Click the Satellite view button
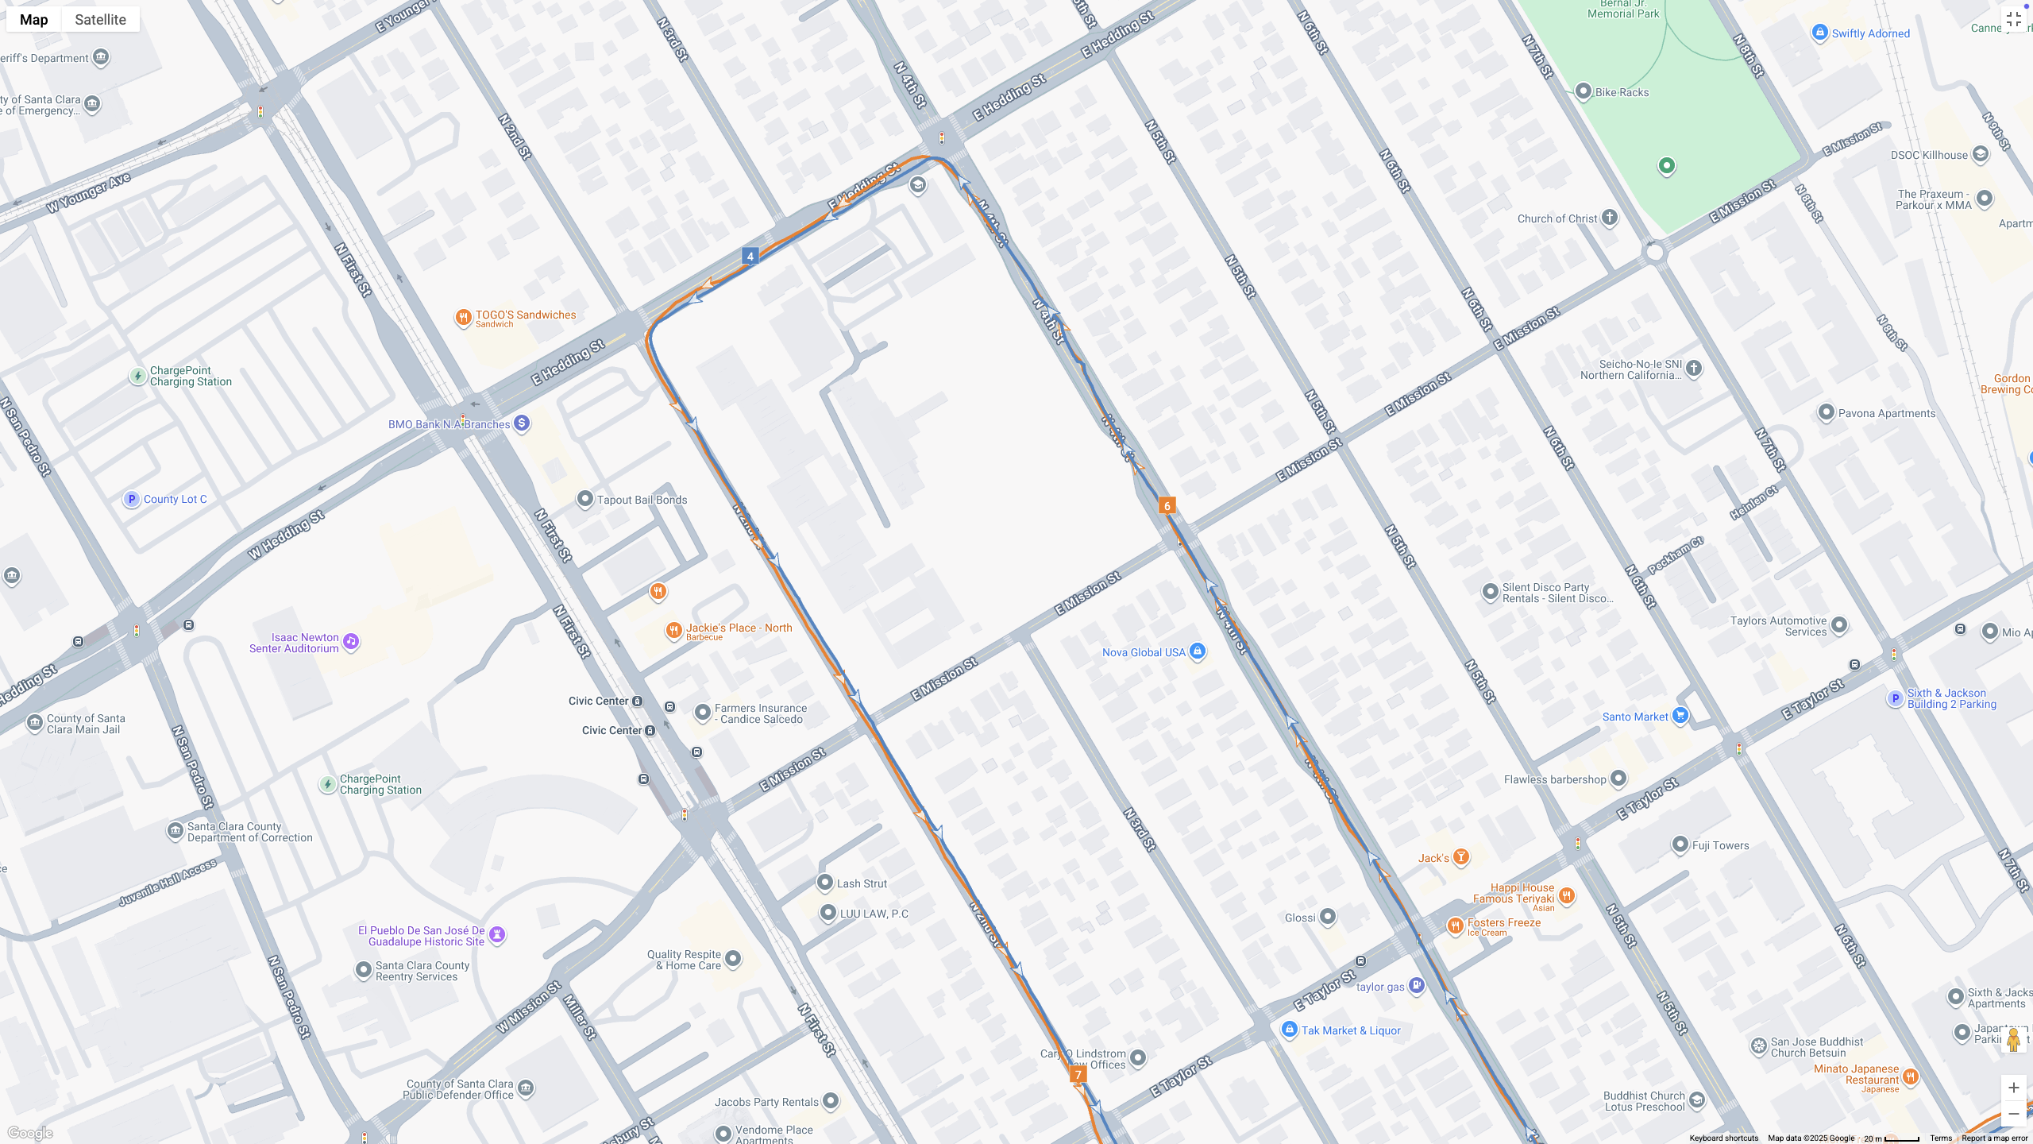tap(100, 19)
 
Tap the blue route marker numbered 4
tap(750, 256)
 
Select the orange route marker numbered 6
tap(1167, 505)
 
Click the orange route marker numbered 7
tap(1078, 1074)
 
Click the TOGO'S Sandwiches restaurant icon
tap(463, 318)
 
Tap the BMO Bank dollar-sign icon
tap(522, 423)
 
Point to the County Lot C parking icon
tap(132, 499)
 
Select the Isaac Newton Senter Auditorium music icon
tap(351, 641)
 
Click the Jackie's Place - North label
tap(739, 628)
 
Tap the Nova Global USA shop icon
tap(1198, 651)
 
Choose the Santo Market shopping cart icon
tap(1680, 716)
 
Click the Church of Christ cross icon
tap(1610, 218)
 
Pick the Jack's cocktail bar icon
tap(1461, 856)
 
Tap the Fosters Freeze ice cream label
tap(1503, 922)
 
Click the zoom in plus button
tap(2013, 1088)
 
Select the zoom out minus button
tap(2013, 1114)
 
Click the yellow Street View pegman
tap(2013, 1040)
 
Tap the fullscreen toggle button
tap(2013, 20)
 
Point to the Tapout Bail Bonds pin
tap(584, 499)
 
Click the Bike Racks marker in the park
tap(1583, 91)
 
